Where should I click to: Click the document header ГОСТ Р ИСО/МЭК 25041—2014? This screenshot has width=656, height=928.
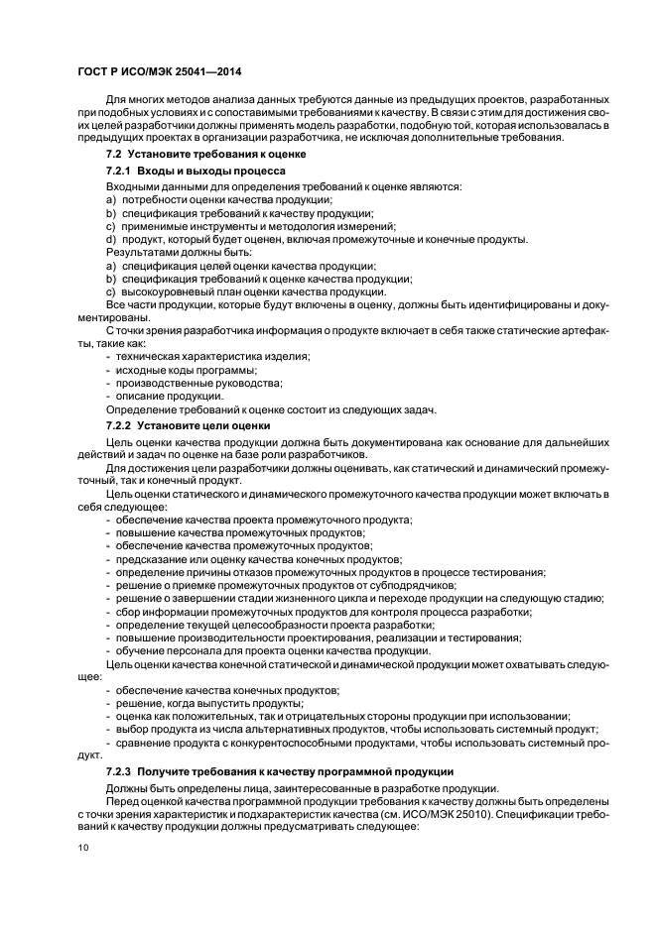click(160, 71)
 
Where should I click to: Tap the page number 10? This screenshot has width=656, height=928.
click(83, 847)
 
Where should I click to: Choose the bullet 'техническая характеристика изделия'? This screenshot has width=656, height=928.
click(212, 356)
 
